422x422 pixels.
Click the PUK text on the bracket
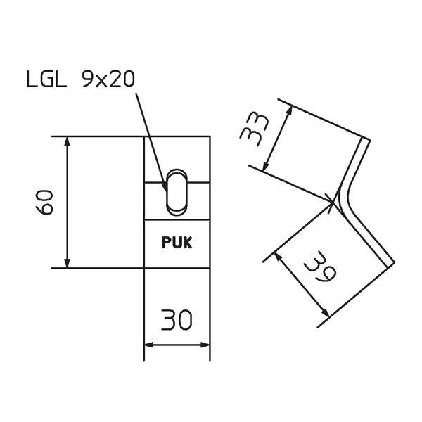pos(177,243)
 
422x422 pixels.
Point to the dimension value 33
pos(255,126)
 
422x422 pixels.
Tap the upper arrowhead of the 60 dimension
pos(68,141)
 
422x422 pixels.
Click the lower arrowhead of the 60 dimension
pos(68,262)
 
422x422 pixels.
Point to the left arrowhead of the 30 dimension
pos(149,345)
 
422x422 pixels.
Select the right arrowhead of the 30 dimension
pos(205,345)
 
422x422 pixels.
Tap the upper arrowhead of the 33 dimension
pos(288,110)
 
